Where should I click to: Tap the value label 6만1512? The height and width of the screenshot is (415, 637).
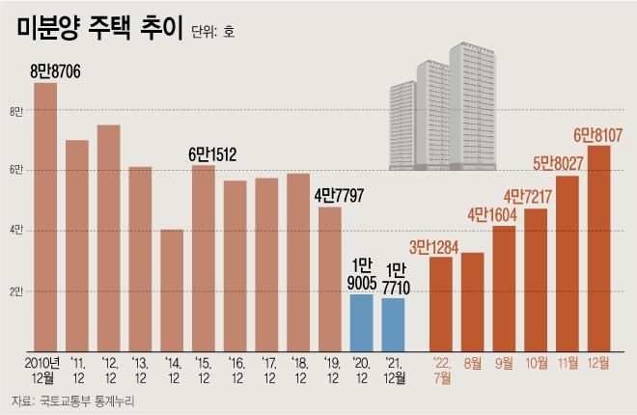pos(212,152)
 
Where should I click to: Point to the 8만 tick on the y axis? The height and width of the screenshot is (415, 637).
pos(15,112)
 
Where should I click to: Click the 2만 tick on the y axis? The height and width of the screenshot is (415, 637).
pos(15,290)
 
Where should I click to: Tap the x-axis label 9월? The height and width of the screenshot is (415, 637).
pos(504,363)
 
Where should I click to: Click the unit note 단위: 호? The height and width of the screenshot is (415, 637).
pos(212,32)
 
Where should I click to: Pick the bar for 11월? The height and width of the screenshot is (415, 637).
pos(568,261)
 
